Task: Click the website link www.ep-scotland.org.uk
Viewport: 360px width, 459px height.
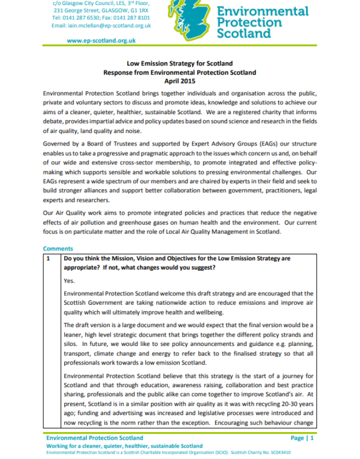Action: tap(101, 41)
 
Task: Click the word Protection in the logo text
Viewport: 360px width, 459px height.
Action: tap(250, 22)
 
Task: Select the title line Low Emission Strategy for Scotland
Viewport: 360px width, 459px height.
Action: tap(179, 64)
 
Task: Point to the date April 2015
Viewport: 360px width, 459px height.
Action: tap(179, 80)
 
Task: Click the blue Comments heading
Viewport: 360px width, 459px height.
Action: tap(58, 249)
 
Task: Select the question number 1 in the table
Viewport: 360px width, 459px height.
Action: tap(48, 258)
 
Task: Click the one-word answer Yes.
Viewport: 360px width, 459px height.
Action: tap(69, 281)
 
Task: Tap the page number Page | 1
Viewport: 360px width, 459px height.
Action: tap(302, 438)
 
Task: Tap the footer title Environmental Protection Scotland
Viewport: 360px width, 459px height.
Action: tap(94, 438)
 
